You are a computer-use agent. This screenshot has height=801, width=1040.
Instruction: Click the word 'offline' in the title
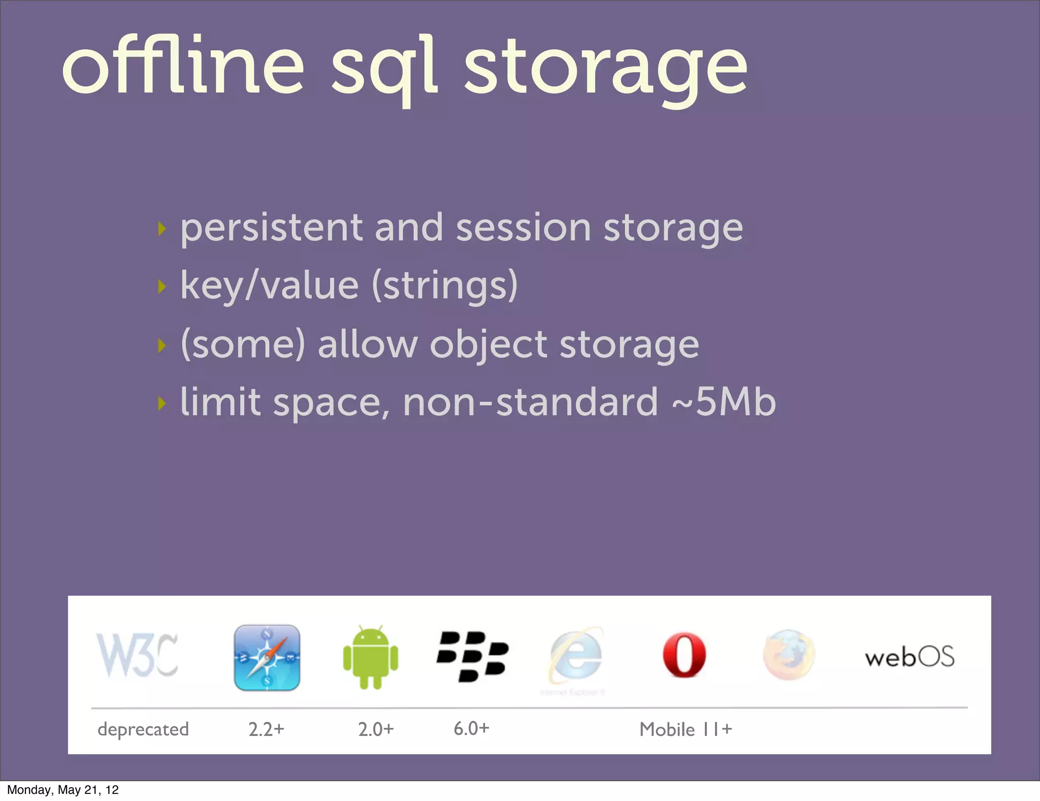pyautogui.click(x=183, y=66)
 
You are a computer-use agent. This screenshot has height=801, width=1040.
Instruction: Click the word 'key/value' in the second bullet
pyautogui.click(x=270, y=286)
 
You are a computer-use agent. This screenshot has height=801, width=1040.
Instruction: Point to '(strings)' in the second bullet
pyautogui.click(x=445, y=286)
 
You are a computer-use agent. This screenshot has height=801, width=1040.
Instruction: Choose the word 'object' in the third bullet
pyautogui.click(x=489, y=345)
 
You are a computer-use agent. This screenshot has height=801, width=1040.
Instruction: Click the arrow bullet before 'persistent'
pyautogui.click(x=162, y=229)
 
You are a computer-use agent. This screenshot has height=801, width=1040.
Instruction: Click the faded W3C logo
pyautogui.click(x=137, y=655)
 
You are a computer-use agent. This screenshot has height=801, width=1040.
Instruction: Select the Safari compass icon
pyautogui.click(x=267, y=658)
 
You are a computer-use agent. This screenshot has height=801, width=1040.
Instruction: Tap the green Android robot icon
pyautogui.click(x=371, y=658)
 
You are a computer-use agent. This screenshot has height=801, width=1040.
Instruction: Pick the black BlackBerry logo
pyautogui.click(x=472, y=656)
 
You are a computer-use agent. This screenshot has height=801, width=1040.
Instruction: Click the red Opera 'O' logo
pyautogui.click(x=684, y=655)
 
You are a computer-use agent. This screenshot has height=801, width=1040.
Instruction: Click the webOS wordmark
pyautogui.click(x=909, y=657)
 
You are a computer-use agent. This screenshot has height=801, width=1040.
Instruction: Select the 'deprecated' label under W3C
pyautogui.click(x=143, y=729)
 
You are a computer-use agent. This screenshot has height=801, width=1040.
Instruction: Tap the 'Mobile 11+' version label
pyautogui.click(x=686, y=729)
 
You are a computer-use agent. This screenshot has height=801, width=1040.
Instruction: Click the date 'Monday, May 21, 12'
pyautogui.click(x=63, y=790)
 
